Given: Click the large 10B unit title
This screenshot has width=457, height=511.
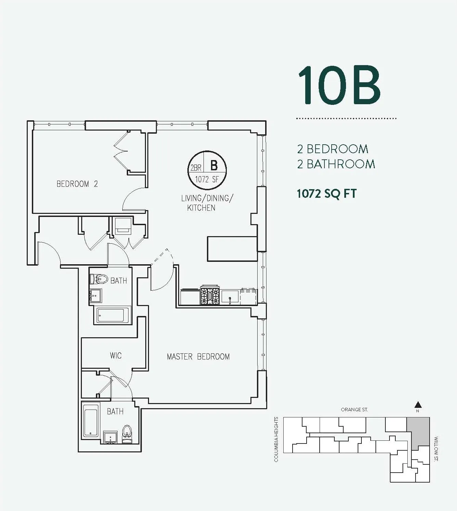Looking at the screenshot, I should click(339, 85).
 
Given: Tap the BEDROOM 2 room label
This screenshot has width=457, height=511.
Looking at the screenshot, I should click(77, 184).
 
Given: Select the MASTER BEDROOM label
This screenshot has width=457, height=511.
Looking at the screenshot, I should click(198, 357).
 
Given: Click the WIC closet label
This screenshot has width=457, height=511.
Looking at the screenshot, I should click(116, 355).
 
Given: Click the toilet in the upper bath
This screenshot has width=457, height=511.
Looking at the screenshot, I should click(99, 279).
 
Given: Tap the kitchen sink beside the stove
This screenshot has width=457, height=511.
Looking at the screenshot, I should click(230, 296).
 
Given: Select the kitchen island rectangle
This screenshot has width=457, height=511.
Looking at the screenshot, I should click(232, 248).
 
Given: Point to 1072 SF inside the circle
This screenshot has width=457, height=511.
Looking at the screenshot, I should click(207, 179).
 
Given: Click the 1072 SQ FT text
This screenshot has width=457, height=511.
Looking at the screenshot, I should click(326, 194).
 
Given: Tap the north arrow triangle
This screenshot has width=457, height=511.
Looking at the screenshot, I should click(417, 405).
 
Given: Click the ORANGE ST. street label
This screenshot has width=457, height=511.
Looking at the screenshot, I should click(354, 410).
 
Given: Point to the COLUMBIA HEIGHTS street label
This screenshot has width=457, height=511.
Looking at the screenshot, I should click(276, 439).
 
